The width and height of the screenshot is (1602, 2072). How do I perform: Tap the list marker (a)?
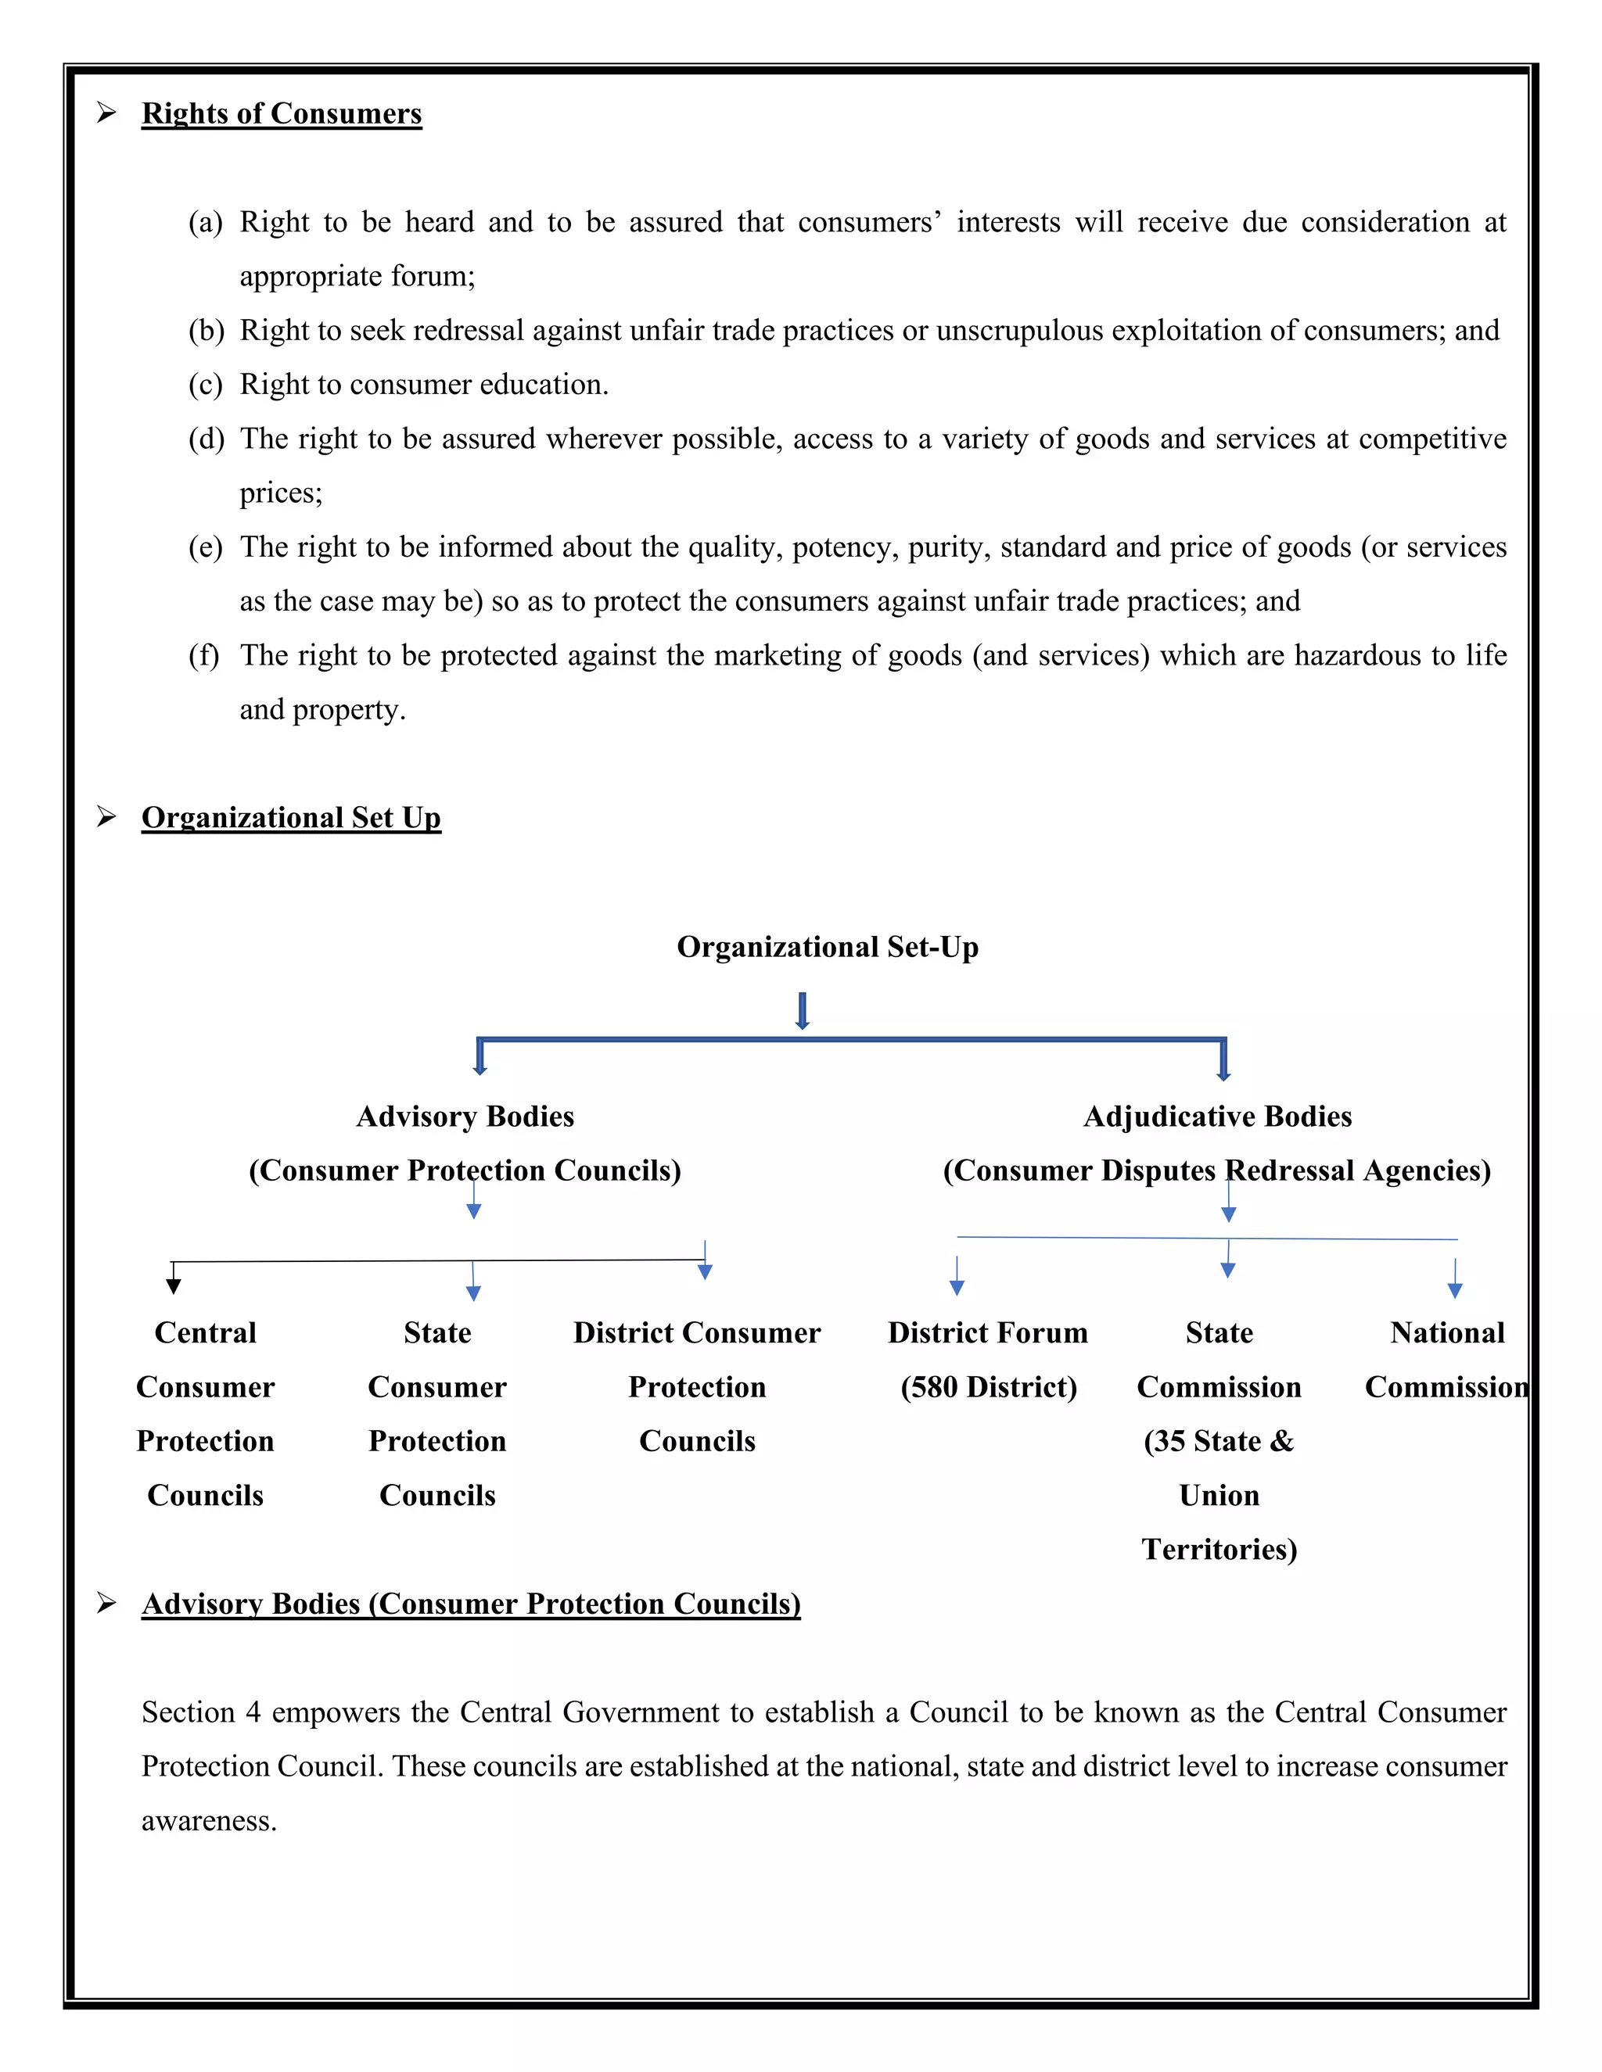coord(205,222)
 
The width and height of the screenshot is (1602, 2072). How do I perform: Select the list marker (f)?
coord(203,655)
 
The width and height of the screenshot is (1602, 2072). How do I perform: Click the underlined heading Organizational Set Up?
coord(290,817)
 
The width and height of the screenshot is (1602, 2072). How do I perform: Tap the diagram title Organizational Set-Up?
coord(827,947)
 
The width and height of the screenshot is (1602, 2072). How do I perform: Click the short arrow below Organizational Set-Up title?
coord(802,1011)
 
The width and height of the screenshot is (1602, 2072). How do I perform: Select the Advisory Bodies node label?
coord(465,1117)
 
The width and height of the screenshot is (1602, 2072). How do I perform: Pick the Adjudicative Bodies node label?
coord(1218,1117)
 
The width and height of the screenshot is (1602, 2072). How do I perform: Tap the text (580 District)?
coord(988,1387)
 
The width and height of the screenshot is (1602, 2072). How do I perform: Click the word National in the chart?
coord(1447,1333)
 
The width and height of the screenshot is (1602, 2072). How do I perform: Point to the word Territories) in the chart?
coord(1219,1549)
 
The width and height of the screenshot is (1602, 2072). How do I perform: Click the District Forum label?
coord(987,1333)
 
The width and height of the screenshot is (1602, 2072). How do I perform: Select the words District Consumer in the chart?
coord(697,1333)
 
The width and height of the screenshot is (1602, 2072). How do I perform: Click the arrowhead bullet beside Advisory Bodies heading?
coord(106,1604)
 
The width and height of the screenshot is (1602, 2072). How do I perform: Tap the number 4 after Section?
coord(253,1712)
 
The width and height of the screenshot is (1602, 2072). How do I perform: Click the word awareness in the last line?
coord(208,1820)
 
